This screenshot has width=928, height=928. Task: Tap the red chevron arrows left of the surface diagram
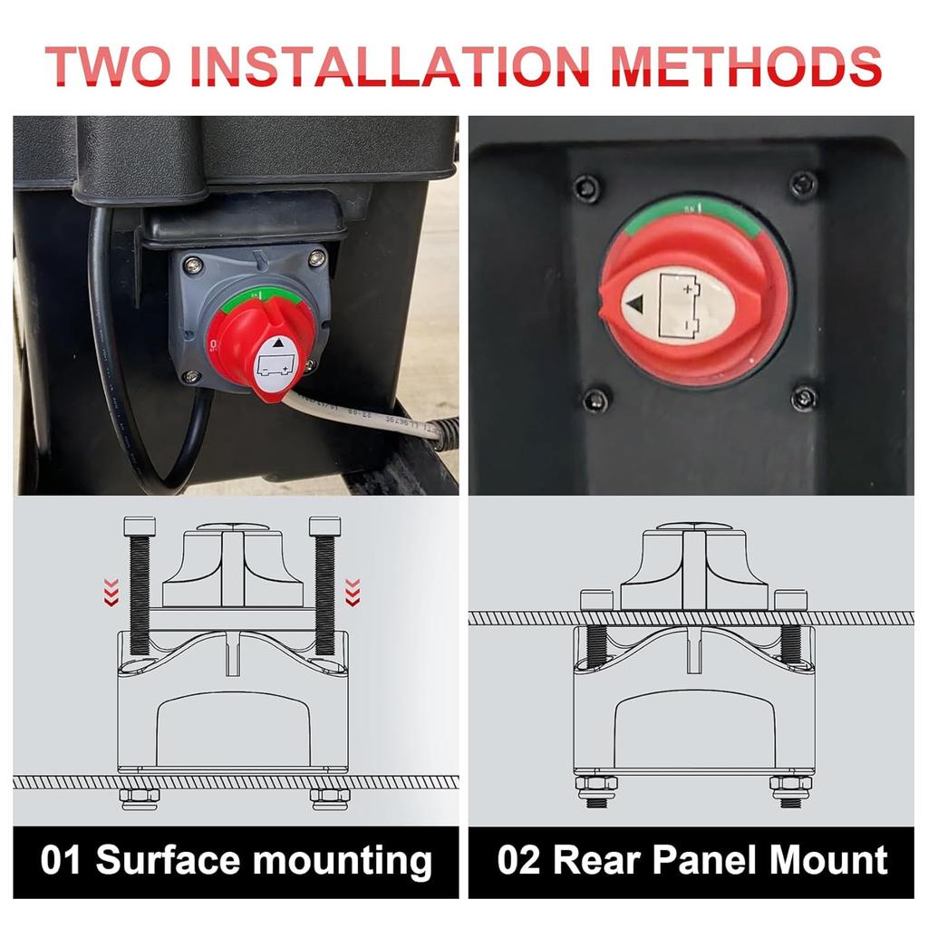click(x=111, y=592)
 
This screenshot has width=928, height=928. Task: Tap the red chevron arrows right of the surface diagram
click(x=353, y=592)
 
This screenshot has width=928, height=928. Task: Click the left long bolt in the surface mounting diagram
click(x=139, y=589)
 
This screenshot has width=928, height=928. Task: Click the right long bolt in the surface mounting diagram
click(x=324, y=589)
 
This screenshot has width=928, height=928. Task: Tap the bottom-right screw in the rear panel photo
click(x=803, y=397)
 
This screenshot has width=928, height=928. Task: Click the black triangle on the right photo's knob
click(x=637, y=304)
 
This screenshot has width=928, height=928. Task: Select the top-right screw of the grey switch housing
click(x=316, y=260)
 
